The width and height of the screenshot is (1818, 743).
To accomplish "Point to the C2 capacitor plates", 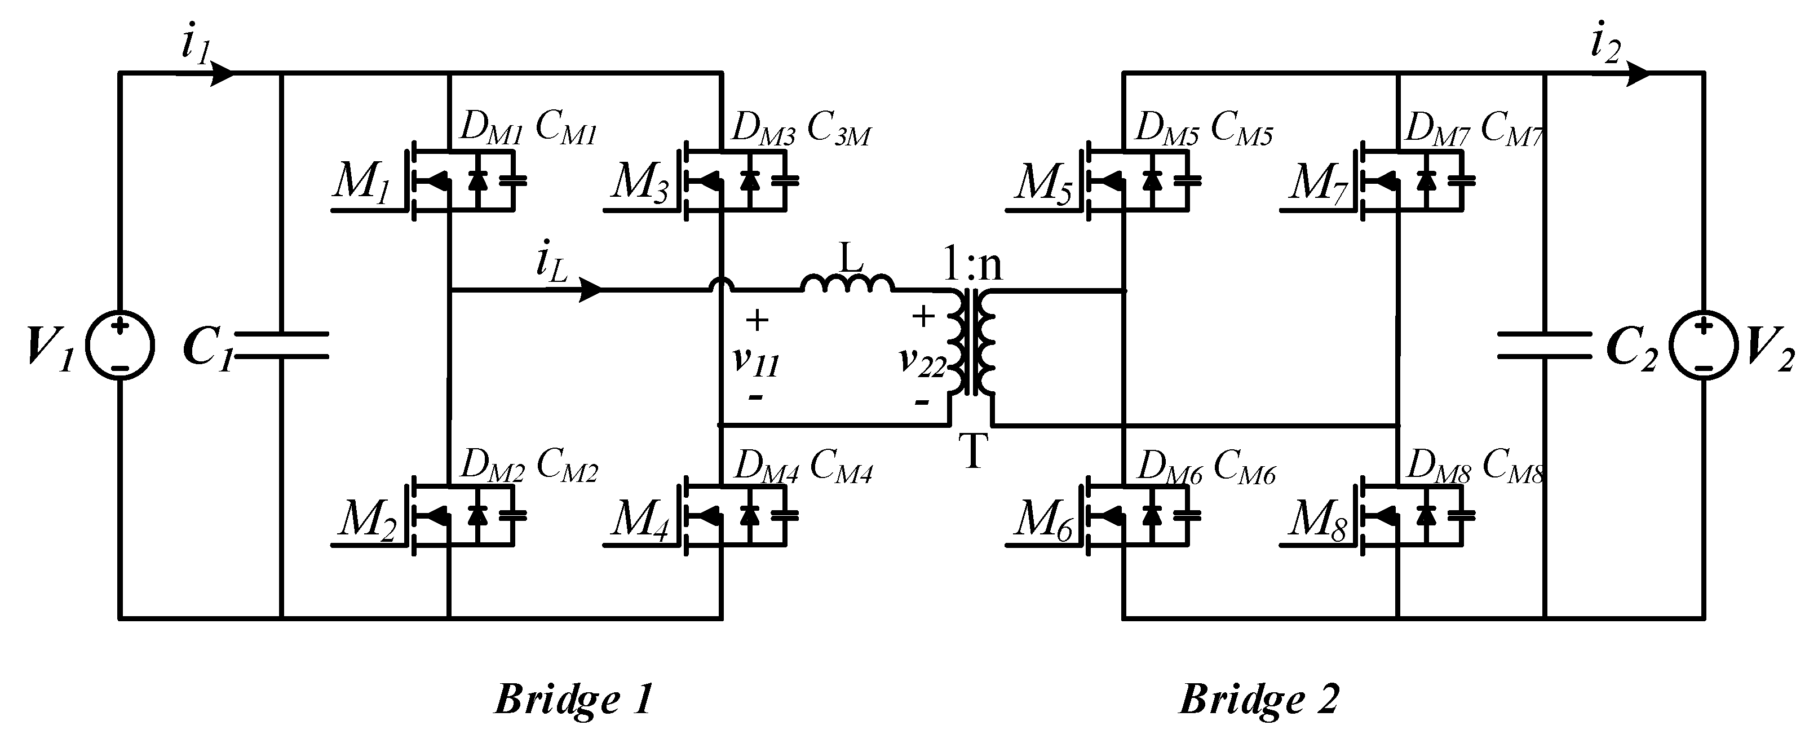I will [1544, 346].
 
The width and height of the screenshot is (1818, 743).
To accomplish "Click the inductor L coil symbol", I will [847, 284].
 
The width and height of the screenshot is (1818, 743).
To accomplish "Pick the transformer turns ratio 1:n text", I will [972, 266].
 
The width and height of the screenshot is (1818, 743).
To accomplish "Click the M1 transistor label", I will [361, 183].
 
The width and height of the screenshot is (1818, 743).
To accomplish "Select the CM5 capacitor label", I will [1241, 130].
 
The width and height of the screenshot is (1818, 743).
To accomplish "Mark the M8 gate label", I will [1317, 521].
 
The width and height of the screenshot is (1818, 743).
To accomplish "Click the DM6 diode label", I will [1169, 467].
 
